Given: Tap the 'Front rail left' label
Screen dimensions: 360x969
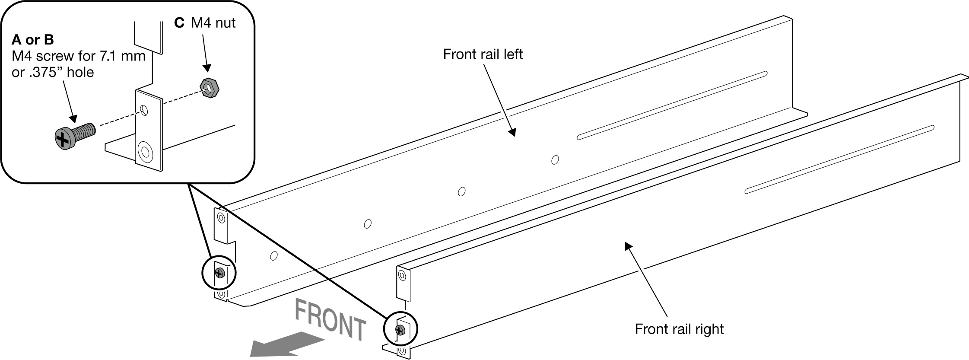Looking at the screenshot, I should tap(483, 54).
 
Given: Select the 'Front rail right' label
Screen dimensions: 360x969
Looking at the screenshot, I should tap(679, 329).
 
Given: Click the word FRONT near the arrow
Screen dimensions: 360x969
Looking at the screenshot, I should tap(330, 321).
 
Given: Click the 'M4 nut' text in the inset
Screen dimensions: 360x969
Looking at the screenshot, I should tap(213, 22).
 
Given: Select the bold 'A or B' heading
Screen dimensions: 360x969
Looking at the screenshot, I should tap(33, 40).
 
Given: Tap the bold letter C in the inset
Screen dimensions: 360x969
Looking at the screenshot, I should tap(179, 22).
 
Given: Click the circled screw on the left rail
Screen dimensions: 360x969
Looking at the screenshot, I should tap(220, 273).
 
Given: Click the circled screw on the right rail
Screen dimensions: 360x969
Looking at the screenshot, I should tap(400, 330).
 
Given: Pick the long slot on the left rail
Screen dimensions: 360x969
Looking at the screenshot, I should tap(672, 105).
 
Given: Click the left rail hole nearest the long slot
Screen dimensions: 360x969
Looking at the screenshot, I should tap(555, 160).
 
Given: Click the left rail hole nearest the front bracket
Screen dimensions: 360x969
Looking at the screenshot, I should tap(273, 256).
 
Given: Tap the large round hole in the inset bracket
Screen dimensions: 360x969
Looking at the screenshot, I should tap(144, 152).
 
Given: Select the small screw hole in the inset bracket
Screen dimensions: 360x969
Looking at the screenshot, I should tap(145, 111).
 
